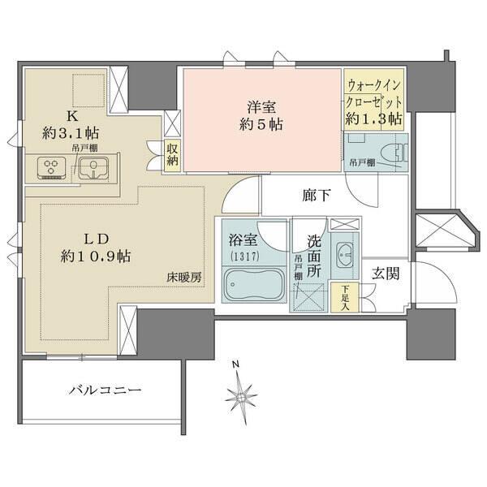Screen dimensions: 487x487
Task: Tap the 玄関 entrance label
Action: [x=386, y=274]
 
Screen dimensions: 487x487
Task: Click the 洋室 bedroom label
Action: [x=261, y=106]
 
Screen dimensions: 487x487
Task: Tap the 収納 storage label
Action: [x=173, y=154]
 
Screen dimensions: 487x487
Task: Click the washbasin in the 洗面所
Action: [x=343, y=256]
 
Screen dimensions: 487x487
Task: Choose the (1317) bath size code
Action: [x=240, y=257]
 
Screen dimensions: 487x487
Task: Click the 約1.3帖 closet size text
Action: [x=373, y=119]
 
